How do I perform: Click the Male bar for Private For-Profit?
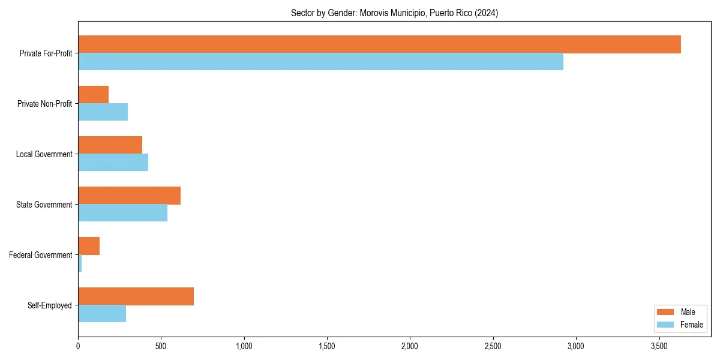(379, 44)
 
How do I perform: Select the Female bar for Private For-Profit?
(320, 62)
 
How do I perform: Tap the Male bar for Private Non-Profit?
(94, 95)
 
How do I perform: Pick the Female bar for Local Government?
(113, 163)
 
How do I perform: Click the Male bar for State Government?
(129, 196)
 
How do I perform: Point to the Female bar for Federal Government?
(80, 263)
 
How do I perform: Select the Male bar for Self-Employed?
(136, 296)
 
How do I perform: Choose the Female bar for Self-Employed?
(102, 314)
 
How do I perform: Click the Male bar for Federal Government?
(89, 246)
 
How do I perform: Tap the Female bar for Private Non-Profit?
(103, 112)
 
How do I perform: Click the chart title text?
(394, 13)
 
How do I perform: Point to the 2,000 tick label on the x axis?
(410, 347)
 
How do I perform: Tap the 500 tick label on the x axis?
(161, 347)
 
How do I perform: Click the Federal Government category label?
(41, 255)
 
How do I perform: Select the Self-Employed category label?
(50, 305)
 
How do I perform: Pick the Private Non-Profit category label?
(44, 104)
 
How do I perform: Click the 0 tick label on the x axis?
(78, 347)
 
